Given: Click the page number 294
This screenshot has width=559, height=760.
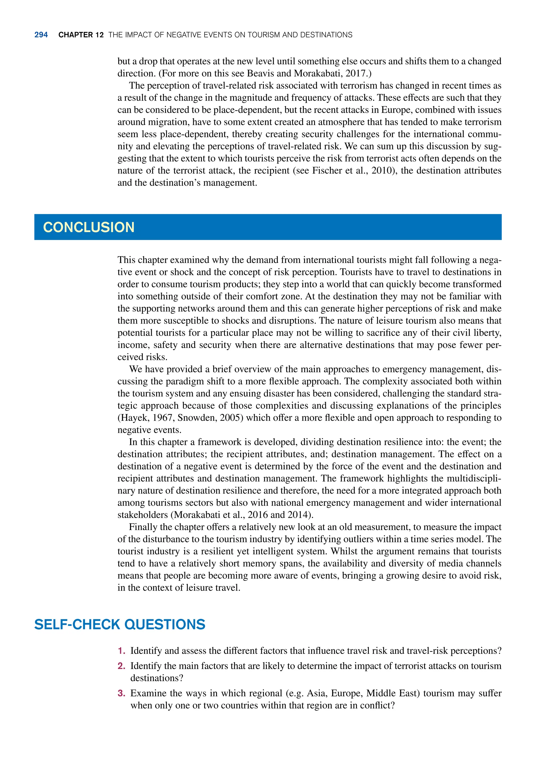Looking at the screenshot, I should point(41,35).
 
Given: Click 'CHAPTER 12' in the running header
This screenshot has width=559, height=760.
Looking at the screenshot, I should point(81,35).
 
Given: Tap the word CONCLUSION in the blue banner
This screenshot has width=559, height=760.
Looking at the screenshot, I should point(89,227).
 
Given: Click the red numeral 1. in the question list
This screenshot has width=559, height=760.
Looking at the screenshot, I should point(121,651).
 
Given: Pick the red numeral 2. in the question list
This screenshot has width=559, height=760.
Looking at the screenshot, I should point(121,666).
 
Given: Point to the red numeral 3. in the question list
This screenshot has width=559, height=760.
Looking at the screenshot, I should point(121,693).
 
